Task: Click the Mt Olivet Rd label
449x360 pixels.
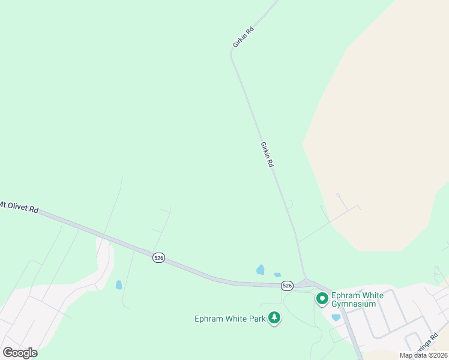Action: click(x=19, y=207)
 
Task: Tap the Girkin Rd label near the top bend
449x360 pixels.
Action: click(x=243, y=37)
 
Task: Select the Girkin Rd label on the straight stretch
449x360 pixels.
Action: click(x=267, y=155)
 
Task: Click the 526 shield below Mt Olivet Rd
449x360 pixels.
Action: click(x=158, y=257)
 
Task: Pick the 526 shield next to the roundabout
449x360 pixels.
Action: click(x=287, y=286)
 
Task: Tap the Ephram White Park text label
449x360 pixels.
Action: click(x=230, y=319)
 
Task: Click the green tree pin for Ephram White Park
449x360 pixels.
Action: click(x=274, y=317)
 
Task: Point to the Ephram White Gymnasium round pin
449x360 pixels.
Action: click(x=322, y=298)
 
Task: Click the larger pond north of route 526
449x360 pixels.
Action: click(x=261, y=270)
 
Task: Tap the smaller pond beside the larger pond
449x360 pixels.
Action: click(x=277, y=275)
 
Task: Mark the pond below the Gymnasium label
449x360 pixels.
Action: click(x=336, y=317)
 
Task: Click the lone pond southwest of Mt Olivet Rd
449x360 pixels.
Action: click(x=119, y=284)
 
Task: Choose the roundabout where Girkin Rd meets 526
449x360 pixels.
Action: click(x=306, y=283)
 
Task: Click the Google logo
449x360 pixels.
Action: click(x=20, y=353)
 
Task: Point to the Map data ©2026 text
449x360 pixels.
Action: click(x=423, y=355)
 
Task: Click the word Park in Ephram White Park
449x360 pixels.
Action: click(x=256, y=319)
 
